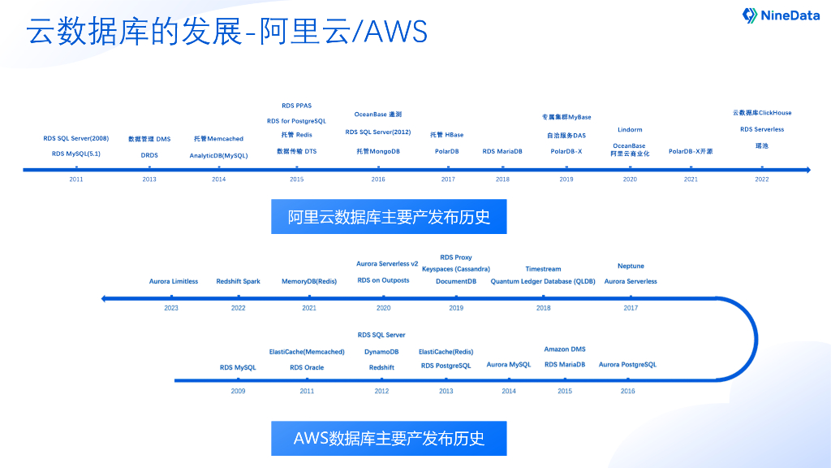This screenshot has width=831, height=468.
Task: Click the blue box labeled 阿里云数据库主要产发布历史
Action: coord(390,217)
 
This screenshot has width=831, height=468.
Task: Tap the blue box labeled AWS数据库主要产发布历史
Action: coord(390,438)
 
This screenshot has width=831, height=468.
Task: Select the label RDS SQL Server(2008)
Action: coord(76,138)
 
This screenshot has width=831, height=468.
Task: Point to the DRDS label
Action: coord(149,154)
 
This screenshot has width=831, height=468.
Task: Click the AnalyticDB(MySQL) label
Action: coord(218,154)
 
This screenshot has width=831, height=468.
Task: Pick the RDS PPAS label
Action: coord(296,106)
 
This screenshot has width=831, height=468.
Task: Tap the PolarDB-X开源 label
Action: coord(691,151)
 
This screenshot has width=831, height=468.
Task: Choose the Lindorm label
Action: coord(630,129)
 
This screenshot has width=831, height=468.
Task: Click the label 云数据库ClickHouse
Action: coord(762,113)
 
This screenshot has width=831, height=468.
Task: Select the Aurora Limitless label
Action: coord(174,281)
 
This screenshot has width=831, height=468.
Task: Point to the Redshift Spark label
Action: coord(239,281)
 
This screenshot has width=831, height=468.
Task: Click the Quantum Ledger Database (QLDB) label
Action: coord(543,281)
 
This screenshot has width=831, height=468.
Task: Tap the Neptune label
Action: coord(631,266)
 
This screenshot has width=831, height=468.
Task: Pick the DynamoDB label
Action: coord(381,352)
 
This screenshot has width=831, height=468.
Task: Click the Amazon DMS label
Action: coord(565,349)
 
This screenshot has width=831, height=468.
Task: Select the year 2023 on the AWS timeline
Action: coord(171,308)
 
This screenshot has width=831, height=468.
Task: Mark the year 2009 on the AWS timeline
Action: coord(238,391)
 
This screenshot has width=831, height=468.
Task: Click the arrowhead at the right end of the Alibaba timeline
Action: coord(807,170)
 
